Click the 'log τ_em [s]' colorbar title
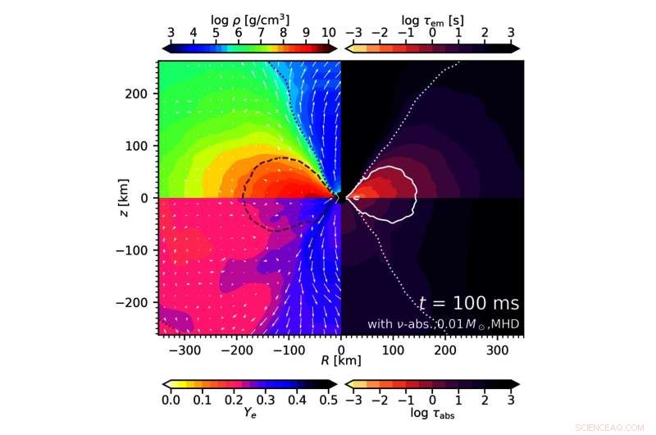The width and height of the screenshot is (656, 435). coord(432,16)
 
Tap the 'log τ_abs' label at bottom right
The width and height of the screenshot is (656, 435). coord(432,414)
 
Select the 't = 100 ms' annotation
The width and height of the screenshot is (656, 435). coord(468,304)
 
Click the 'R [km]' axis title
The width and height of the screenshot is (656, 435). coord(340,359)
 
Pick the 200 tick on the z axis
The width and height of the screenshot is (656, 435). coord(141,94)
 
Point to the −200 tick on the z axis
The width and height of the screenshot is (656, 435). coord(137,303)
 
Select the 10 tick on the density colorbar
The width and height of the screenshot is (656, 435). coord(328,33)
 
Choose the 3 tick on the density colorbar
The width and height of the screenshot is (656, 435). coord(171,33)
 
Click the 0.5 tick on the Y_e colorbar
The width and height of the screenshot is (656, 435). coord(328,400)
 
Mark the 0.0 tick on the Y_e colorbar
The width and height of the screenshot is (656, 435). coord(171,400)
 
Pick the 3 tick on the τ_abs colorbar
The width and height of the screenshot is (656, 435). coord(511,400)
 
